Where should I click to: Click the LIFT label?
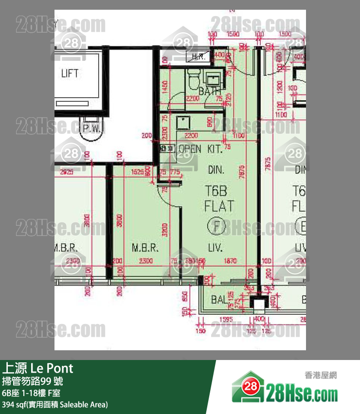70,73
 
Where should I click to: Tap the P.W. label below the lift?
91,128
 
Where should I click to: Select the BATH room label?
209,91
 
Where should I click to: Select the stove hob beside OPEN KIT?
167,148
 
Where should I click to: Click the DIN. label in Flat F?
216,170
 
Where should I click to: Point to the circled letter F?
214,226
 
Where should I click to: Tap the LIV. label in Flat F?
215,248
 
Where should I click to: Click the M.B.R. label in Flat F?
145,248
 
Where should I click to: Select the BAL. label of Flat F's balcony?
219,300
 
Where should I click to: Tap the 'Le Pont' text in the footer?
52,367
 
